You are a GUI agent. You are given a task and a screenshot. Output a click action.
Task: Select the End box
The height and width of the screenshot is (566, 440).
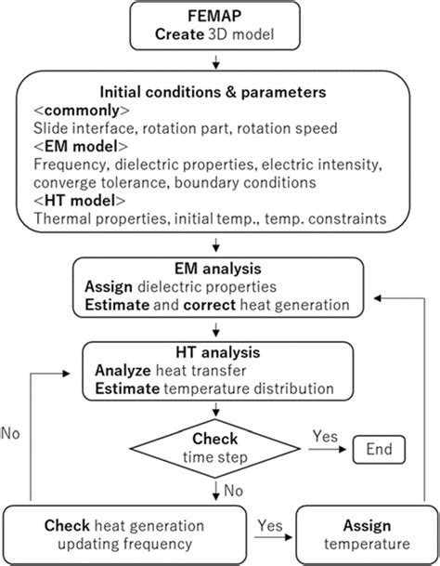pos(378,450)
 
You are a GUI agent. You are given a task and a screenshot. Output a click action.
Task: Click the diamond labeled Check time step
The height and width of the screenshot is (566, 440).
pos(216,447)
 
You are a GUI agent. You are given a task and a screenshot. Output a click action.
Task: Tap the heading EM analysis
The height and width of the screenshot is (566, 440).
pos(216,268)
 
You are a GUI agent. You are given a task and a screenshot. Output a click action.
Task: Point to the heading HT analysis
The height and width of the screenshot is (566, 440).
pos(215,353)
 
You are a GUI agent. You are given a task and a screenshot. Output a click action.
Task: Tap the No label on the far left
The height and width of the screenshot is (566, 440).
pos(13,432)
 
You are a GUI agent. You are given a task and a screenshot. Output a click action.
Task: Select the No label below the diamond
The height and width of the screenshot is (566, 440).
pos(234,491)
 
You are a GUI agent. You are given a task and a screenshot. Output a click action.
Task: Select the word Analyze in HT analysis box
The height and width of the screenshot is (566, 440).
pos(123,370)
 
